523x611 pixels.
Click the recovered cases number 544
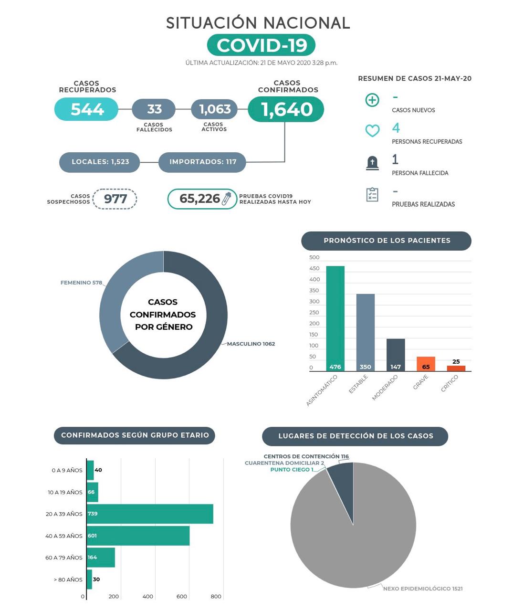87,109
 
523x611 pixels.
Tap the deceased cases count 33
154,109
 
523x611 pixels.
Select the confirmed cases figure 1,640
287,109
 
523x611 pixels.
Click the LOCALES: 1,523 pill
100,162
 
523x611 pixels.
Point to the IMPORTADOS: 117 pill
202,162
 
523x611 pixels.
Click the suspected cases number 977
115,199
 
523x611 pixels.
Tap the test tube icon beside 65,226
227,199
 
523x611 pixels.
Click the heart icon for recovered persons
372,130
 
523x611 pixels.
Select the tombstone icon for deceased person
372,163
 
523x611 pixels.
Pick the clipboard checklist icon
372,194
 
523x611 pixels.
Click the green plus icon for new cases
372,100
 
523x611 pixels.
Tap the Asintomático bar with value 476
335,318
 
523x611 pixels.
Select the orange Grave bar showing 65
426,364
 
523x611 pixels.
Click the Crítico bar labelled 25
456,369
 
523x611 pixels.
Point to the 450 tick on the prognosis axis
314,268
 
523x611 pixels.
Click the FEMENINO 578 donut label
81,283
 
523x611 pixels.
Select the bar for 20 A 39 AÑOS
150,514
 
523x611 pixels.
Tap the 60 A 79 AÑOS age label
64,558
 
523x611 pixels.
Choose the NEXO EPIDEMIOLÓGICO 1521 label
423,589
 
